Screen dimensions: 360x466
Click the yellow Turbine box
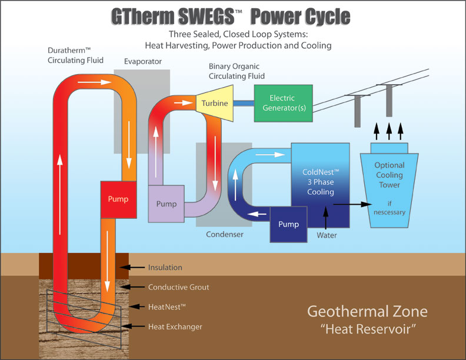click(214, 103)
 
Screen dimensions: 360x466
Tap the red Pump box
click(118, 199)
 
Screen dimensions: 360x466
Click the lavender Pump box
click(167, 204)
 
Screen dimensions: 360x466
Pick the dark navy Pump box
click(288, 224)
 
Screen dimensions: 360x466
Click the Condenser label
click(225, 235)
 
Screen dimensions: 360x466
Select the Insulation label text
click(165, 268)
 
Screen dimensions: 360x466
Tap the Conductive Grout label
click(178, 288)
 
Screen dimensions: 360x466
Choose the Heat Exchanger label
click(175, 326)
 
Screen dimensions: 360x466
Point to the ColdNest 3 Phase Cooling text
click(320, 182)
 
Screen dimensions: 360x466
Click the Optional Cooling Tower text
click(389, 175)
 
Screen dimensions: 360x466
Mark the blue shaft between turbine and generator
click(241, 103)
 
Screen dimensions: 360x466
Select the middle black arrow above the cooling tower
click(389, 129)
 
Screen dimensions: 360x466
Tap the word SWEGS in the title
click(210, 17)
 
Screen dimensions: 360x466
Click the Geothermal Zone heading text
click(368, 312)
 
